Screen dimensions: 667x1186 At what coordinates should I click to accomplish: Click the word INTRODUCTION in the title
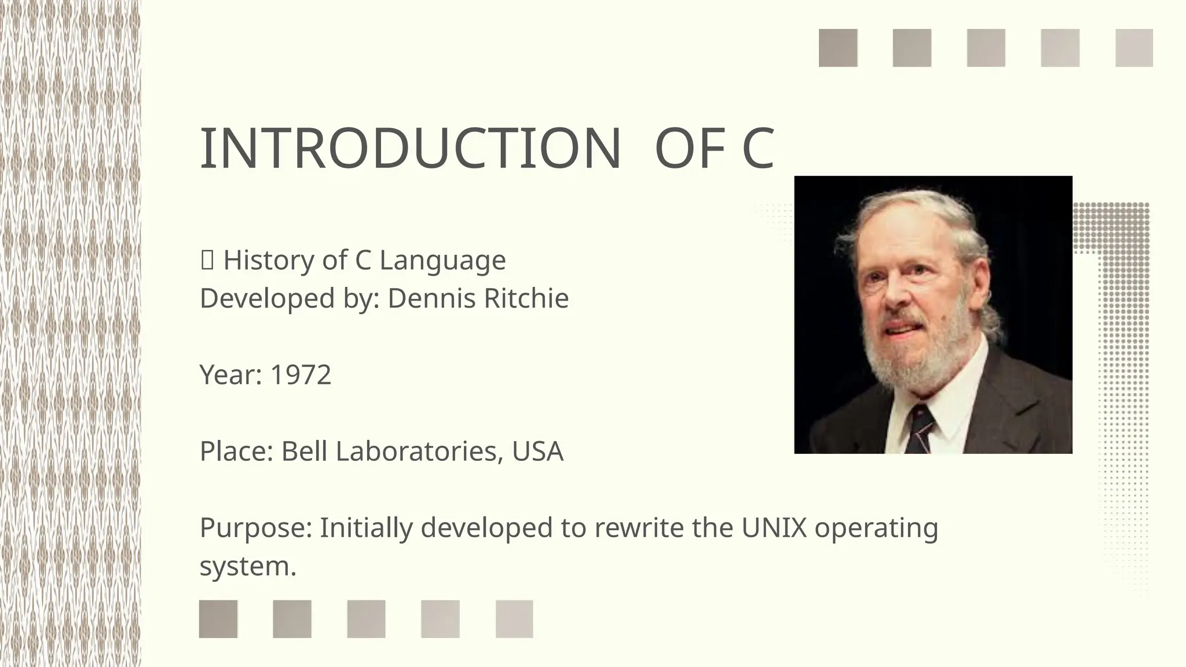tap(410, 149)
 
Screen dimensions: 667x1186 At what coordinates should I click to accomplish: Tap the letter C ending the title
tap(757, 149)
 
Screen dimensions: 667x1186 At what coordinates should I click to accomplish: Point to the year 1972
tap(301, 375)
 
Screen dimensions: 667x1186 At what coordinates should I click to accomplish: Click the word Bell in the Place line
tap(304, 452)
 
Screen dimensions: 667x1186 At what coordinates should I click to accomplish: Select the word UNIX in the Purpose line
tap(774, 527)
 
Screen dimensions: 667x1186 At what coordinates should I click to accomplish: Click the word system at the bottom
tap(247, 566)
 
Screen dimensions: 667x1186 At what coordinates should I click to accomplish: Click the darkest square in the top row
tap(838, 48)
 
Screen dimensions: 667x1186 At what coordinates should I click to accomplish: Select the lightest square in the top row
tap(1134, 48)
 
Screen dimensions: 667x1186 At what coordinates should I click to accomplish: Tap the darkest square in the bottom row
tap(218, 619)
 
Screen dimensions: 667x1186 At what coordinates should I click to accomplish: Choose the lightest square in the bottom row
tap(514, 619)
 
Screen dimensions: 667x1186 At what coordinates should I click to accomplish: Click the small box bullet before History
tap(207, 261)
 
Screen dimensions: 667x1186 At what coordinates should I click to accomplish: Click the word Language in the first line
tap(442, 261)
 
